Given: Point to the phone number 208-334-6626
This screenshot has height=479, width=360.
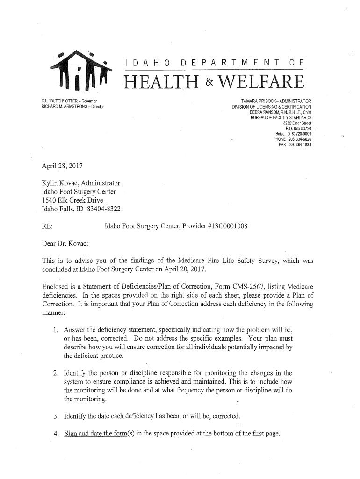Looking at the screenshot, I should (x=300, y=139).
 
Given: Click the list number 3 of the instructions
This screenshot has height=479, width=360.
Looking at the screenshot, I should (x=56, y=416).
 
